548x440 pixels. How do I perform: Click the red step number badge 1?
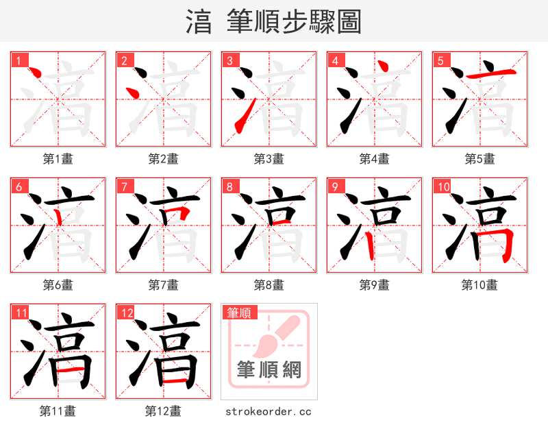click(18, 60)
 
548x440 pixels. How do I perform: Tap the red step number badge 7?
click(124, 186)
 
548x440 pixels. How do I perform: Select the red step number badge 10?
click(443, 186)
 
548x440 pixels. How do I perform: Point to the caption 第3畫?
click(269, 159)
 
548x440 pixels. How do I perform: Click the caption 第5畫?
click(480, 159)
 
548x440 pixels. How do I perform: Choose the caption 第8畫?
click(269, 284)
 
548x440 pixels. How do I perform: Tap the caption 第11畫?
click(58, 411)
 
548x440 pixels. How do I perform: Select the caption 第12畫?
click(163, 411)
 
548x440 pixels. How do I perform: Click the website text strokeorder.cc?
click(269, 411)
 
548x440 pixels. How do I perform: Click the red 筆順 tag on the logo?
click(239, 313)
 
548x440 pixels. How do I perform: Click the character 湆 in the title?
click(199, 22)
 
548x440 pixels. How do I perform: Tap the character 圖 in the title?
click(349, 22)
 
